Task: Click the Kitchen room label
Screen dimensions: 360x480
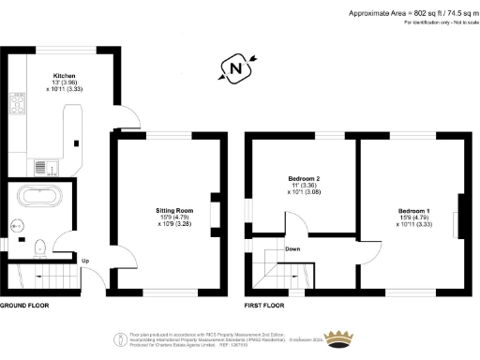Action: (x=64, y=75)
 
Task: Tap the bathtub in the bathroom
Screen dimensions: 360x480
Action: (x=39, y=197)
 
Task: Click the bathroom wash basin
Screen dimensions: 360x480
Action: (x=17, y=226)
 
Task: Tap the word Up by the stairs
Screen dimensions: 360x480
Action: (x=85, y=261)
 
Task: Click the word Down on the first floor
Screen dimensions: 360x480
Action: (x=292, y=249)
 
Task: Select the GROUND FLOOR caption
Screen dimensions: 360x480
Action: (x=24, y=306)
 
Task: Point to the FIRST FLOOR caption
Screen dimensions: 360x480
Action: (x=265, y=306)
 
